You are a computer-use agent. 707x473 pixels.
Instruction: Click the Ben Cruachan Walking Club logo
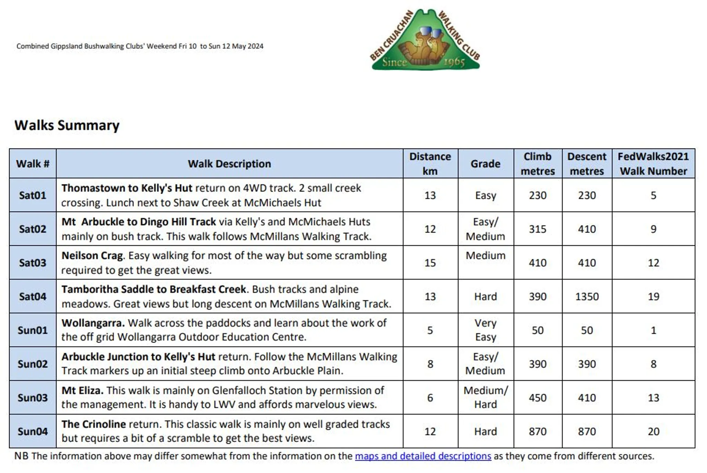click(x=425, y=40)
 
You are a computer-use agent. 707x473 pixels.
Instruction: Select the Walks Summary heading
click(x=67, y=125)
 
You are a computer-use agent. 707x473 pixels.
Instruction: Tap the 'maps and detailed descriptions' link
click(x=423, y=456)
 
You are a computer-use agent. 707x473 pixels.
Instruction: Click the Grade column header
click(x=485, y=164)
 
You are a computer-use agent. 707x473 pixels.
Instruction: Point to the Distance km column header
click(x=430, y=164)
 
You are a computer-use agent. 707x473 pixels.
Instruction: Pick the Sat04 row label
click(x=32, y=297)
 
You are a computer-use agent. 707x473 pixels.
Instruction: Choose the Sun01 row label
click(x=32, y=330)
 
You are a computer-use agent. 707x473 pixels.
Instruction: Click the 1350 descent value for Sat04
click(x=587, y=297)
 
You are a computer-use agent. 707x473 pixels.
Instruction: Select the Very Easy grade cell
click(x=485, y=330)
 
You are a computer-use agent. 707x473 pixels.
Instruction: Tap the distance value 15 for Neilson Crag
click(x=430, y=263)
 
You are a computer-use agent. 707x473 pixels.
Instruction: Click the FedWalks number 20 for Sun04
click(x=653, y=432)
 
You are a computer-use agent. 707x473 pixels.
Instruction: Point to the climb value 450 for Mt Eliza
click(x=537, y=398)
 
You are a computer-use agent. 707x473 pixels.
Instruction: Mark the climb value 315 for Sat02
click(x=537, y=229)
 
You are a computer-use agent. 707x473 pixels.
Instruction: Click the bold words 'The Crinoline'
click(x=94, y=424)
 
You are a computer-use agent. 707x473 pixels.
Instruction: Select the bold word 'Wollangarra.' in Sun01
click(x=93, y=323)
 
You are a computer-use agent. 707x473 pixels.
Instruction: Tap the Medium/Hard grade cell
click(x=485, y=397)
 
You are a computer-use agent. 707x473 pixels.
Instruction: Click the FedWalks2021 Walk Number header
click(x=653, y=164)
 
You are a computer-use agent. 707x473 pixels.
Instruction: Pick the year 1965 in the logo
click(x=454, y=62)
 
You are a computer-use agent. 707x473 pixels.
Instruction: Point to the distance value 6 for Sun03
click(x=430, y=398)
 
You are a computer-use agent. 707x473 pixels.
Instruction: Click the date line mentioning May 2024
click(x=140, y=46)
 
